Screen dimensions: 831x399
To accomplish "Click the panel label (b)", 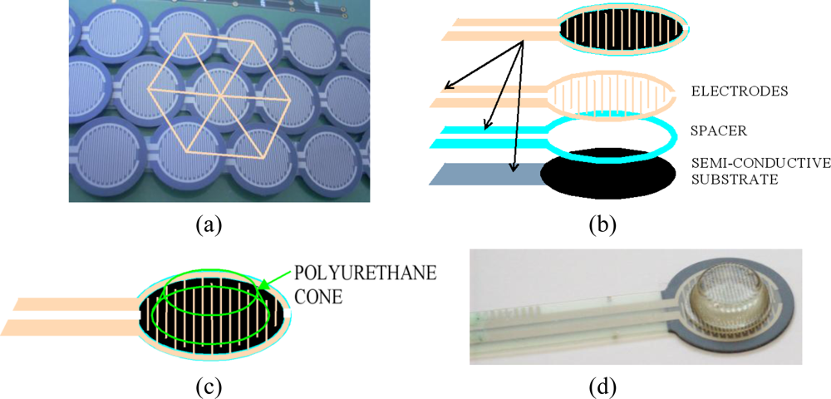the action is coord(602,222).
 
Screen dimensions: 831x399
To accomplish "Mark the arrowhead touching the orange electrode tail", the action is coord(447,86).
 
